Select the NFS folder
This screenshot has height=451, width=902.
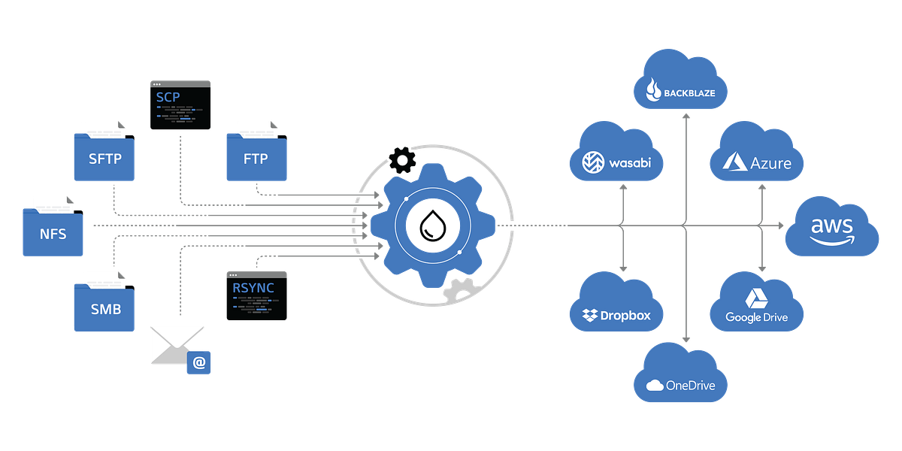coord(53,232)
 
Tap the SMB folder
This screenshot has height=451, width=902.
coord(104,307)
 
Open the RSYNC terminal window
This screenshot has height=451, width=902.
coord(256,295)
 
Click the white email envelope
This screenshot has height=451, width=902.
coord(176,344)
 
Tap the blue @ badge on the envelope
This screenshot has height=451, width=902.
coord(199,362)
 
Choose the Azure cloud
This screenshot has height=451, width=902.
coord(756,157)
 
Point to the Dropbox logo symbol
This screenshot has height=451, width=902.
coord(591,316)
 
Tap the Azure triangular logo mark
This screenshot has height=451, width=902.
coord(733,161)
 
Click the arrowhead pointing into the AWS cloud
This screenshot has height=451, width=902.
coord(782,225)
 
